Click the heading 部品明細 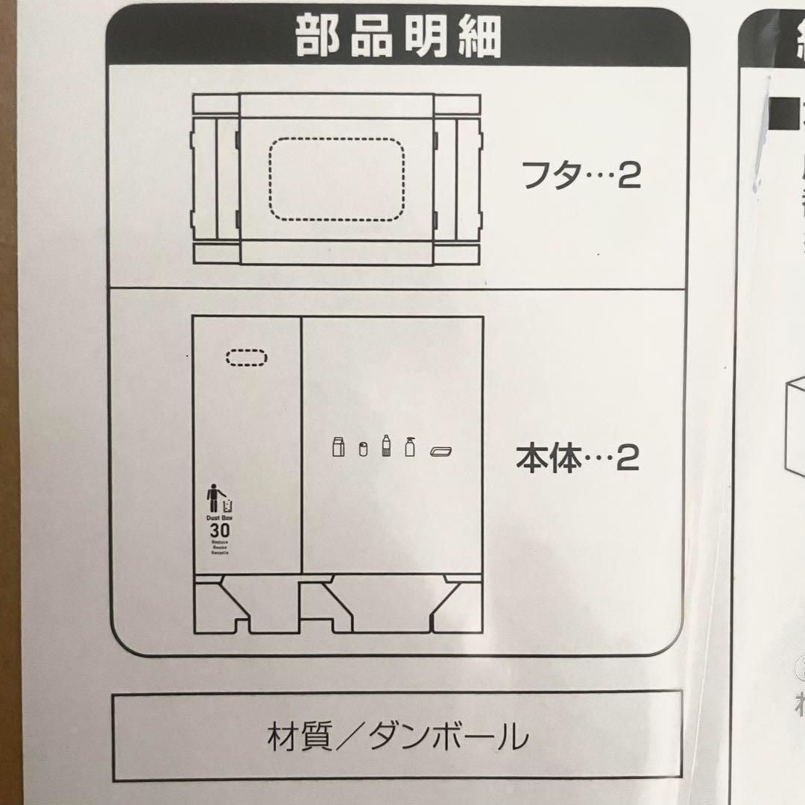tap(399, 37)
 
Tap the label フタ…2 tap(581, 177)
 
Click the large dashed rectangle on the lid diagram tap(335, 179)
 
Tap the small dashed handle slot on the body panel tap(246, 358)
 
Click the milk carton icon tap(338, 447)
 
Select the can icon tap(363, 449)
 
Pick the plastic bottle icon tap(386, 446)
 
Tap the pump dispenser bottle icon tap(409, 446)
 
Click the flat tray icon tap(441, 450)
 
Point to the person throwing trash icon tap(216, 499)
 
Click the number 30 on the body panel tap(219, 531)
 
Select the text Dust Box tap(219, 517)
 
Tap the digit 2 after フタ tap(630, 178)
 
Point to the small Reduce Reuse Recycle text tap(219, 549)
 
